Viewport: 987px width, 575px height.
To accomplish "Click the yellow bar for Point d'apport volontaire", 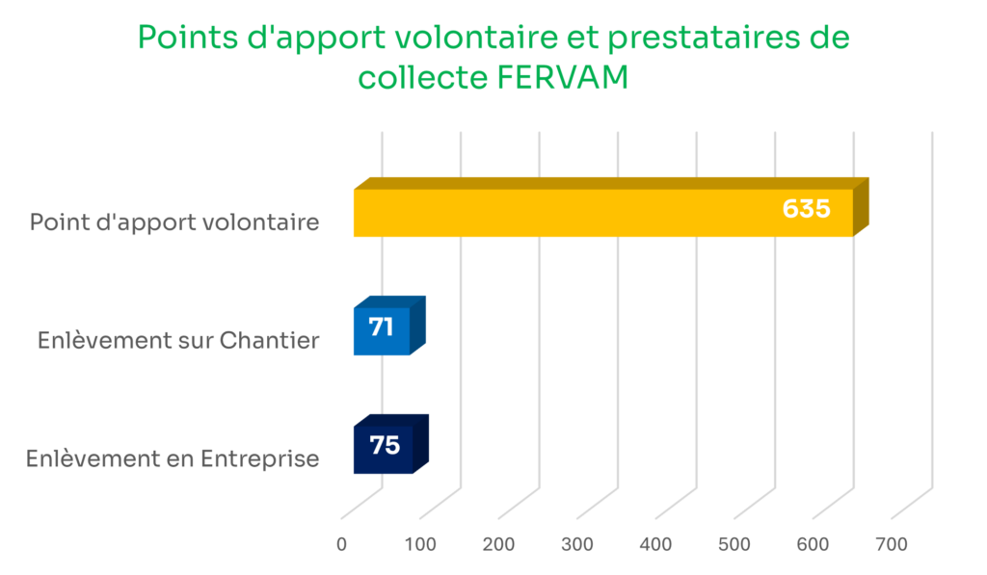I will [578, 212].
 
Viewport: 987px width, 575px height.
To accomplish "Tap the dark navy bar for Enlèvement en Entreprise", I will [385, 448].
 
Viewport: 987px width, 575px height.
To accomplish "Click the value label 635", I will [806, 209].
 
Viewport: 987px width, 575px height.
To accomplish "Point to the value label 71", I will [381, 327].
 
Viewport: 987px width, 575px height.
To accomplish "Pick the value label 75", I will [385, 446].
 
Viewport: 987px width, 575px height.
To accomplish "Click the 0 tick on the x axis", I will [342, 544].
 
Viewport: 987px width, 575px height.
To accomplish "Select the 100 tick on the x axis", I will [420, 544].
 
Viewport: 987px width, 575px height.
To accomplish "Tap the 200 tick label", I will [499, 544].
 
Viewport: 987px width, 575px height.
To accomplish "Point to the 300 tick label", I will [577, 544].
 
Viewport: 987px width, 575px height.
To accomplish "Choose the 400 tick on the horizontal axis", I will [656, 544].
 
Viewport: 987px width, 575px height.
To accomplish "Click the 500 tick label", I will [734, 544].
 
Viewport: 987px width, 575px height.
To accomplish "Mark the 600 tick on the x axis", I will [814, 544].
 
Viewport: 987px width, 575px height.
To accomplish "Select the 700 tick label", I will [892, 544].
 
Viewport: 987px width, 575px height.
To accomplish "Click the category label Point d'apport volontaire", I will [174, 222].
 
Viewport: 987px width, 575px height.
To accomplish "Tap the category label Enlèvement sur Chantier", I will [178, 340].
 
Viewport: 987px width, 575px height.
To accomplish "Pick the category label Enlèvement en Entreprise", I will [173, 458].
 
